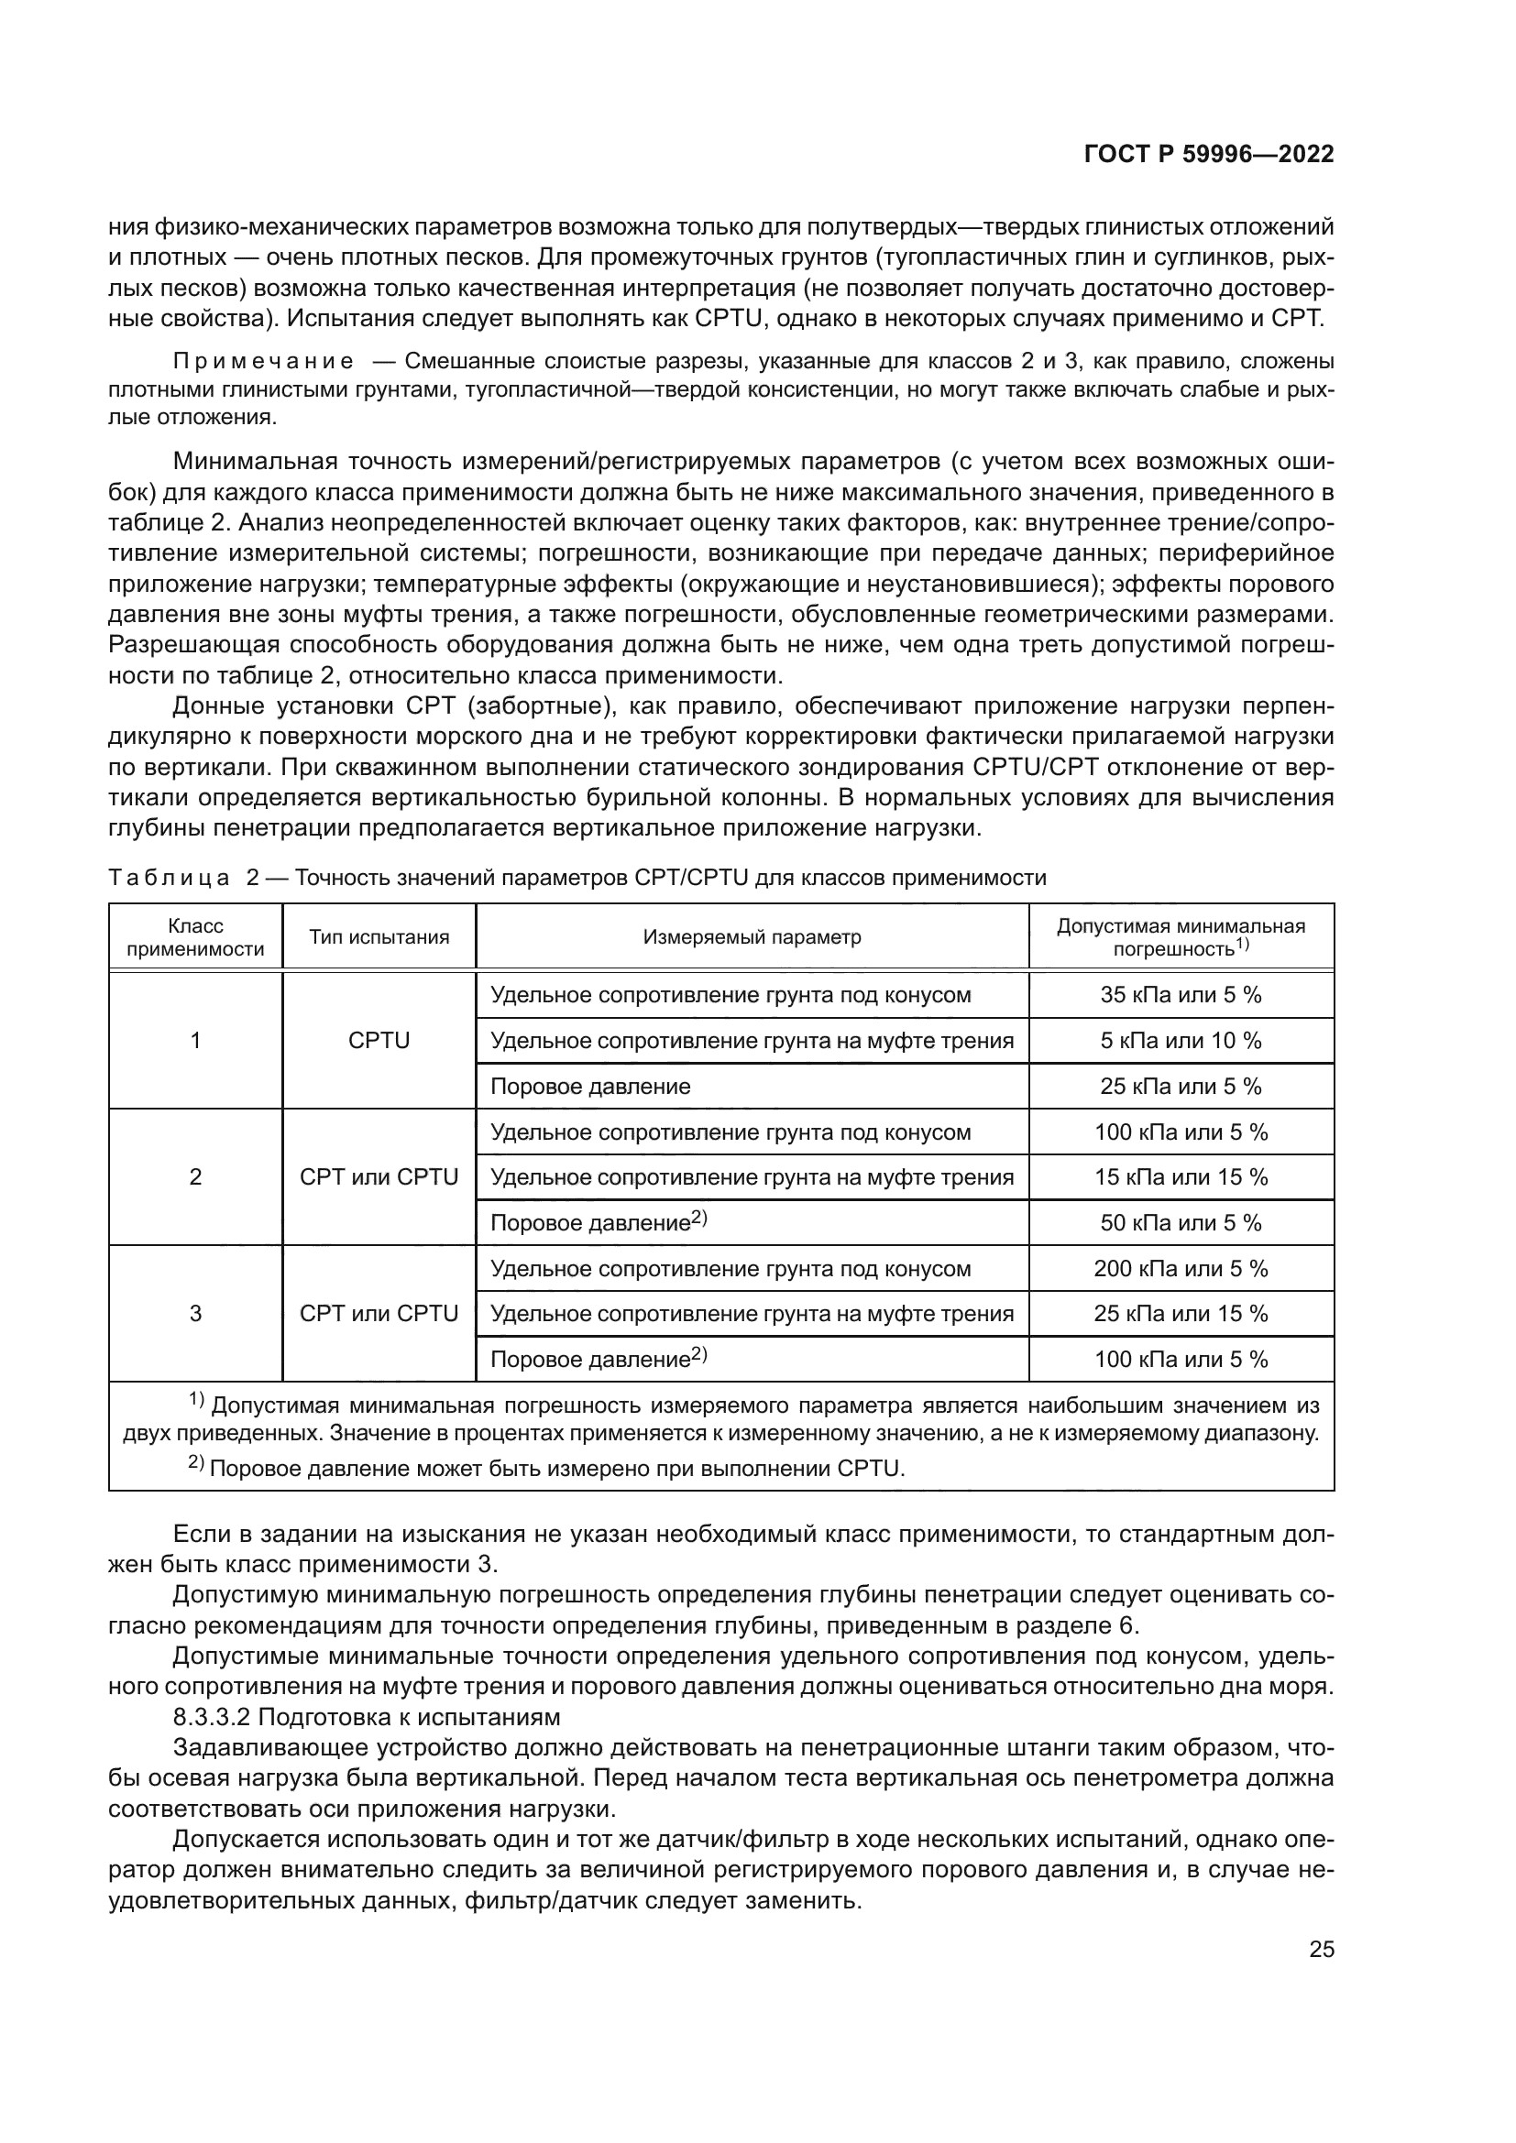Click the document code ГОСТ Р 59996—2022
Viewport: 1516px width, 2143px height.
click(x=1208, y=155)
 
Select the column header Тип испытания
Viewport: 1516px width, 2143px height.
click(x=379, y=937)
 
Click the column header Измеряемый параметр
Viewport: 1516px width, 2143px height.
click(x=752, y=937)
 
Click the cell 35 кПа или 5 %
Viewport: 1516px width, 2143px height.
click(x=1180, y=995)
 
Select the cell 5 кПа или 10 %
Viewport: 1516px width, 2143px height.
click(x=1180, y=1041)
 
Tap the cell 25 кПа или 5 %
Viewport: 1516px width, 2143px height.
click(x=1180, y=1087)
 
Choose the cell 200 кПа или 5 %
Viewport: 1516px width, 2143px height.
click(x=1180, y=1268)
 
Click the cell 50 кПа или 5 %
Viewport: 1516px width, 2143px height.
click(x=1180, y=1223)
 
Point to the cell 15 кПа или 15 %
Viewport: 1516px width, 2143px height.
click(x=1180, y=1177)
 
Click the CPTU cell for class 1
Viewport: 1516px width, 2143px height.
click(x=379, y=1041)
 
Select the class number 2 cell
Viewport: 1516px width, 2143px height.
click(x=195, y=1177)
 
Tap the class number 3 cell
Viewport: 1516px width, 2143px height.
click(x=195, y=1314)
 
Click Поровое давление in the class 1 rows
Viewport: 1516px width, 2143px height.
click(x=590, y=1087)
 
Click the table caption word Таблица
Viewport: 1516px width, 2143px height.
click(x=169, y=879)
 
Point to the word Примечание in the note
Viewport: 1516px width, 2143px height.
click(x=263, y=361)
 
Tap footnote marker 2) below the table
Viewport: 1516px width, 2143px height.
click(x=196, y=1463)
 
